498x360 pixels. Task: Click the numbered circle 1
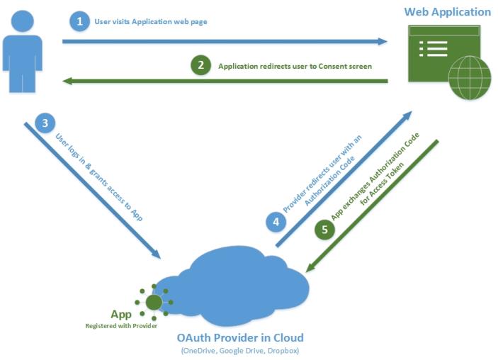(79, 21)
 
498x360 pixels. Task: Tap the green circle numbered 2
(201, 65)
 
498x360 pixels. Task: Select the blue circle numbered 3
(45, 123)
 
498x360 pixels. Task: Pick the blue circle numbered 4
(276, 223)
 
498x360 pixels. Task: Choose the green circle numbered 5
(324, 230)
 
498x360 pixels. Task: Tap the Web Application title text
(447, 12)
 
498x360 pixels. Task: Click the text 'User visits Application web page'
(150, 22)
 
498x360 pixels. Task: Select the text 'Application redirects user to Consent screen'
(295, 66)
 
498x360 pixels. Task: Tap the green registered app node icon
(154, 303)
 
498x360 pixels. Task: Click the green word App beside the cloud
(121, 314)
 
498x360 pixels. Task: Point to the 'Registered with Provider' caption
(121, 325)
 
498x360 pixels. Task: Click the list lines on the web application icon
(433, 48)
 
